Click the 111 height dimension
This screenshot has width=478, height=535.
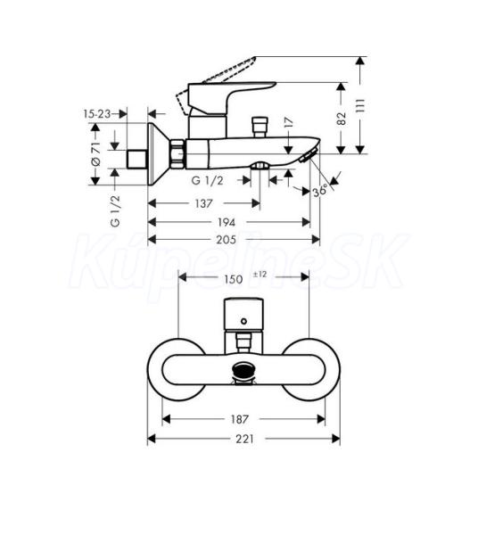tap(361, 106)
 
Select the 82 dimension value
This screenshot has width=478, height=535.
tap(342, 119)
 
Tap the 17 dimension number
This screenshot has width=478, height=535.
tap(289, 122)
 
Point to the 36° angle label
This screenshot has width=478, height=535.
tap(320, 191)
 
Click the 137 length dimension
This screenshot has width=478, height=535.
tap(203, 203)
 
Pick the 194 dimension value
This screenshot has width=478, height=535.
tap(227, 222)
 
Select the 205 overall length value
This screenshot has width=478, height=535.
tap(226, 240)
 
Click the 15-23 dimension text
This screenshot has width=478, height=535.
tap(97, 113)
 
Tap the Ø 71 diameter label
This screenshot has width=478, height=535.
tap(96, 154)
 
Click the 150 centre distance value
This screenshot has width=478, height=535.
tap(233, 279)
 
